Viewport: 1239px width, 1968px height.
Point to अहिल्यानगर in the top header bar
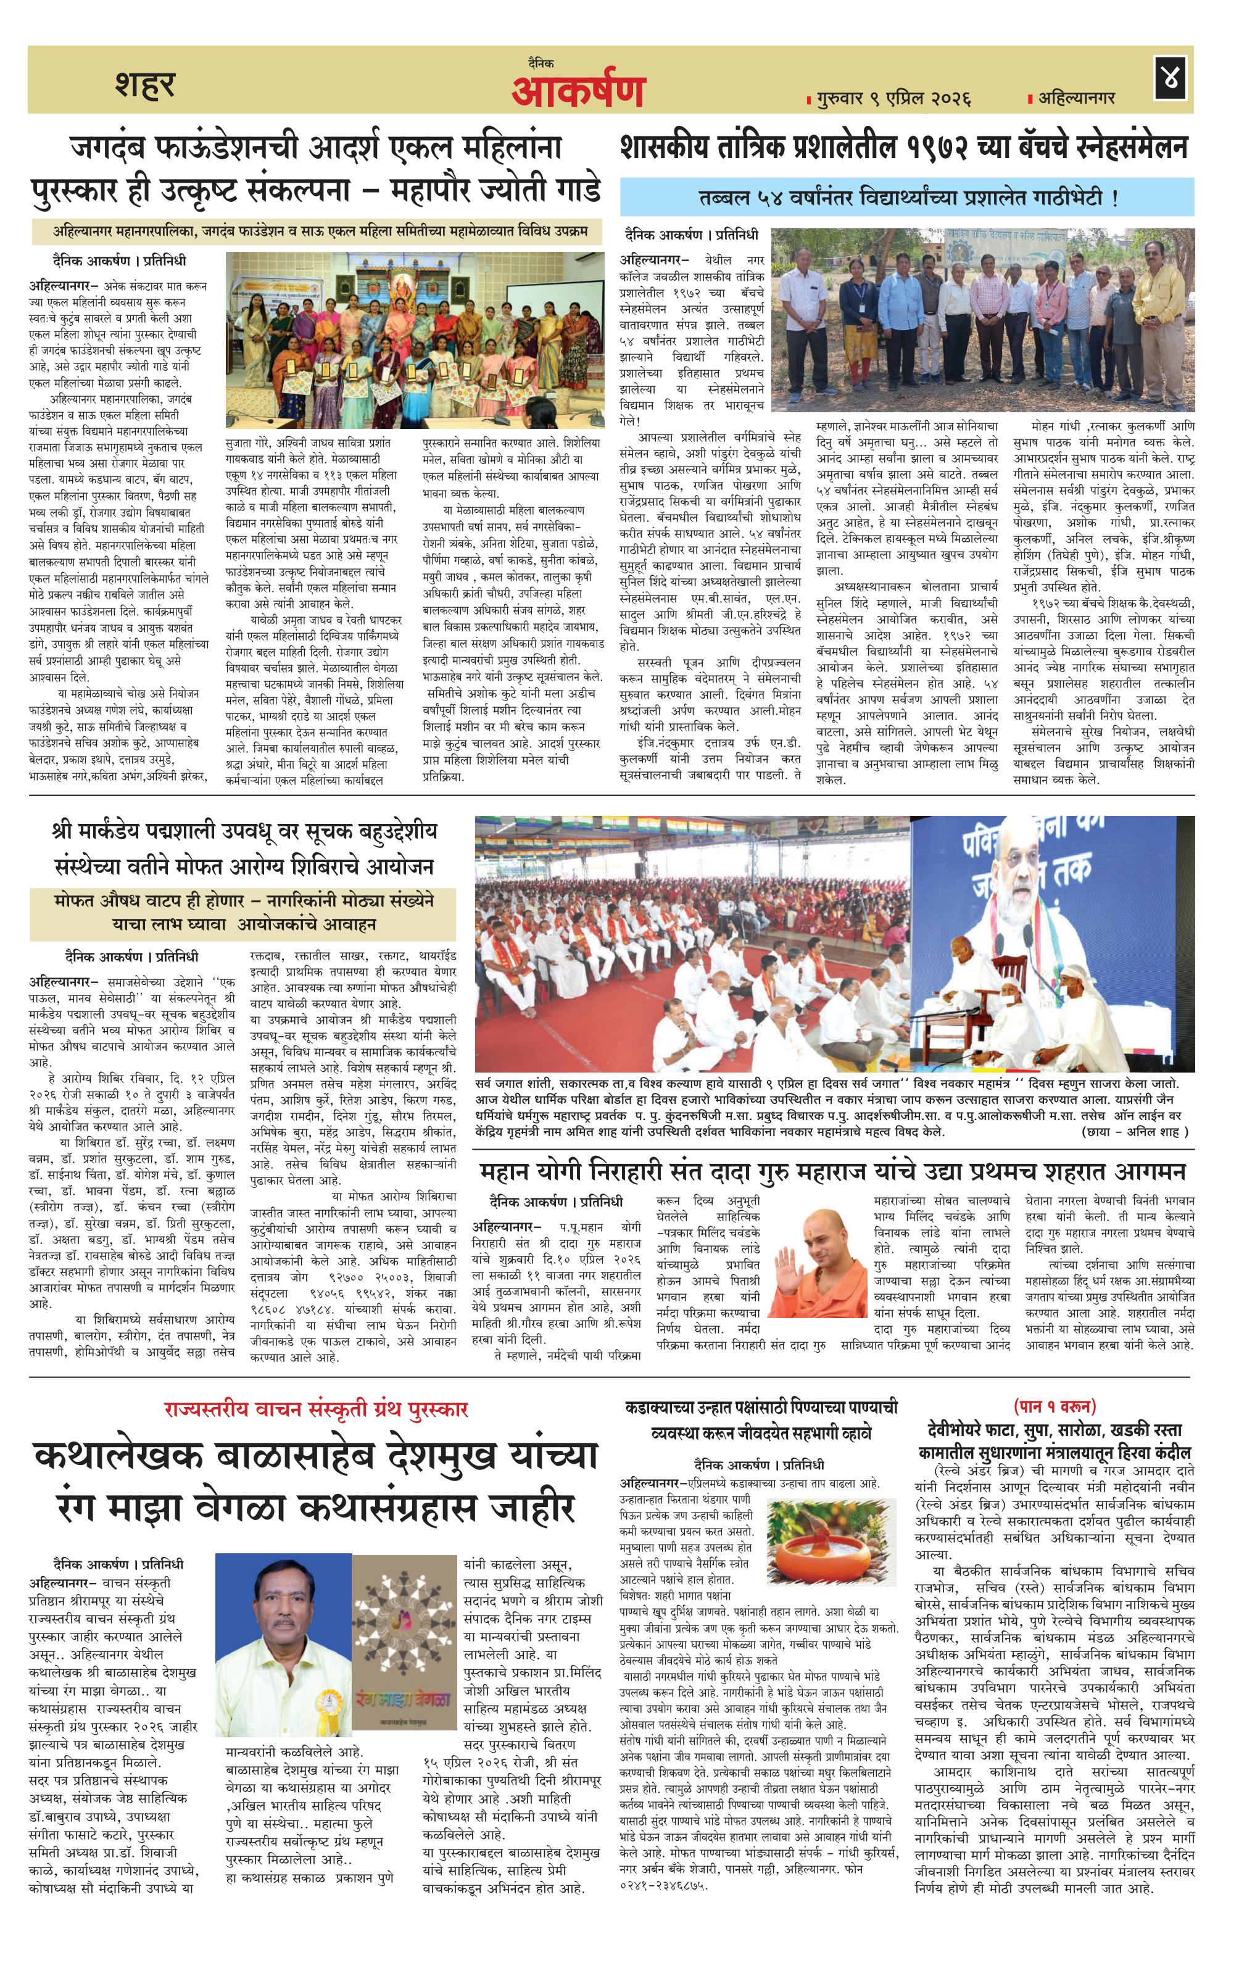tap(1076, 98)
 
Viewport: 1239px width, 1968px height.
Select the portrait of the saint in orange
tap(818, 1270)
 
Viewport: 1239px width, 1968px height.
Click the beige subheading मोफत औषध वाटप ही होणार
tap(244, 913)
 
